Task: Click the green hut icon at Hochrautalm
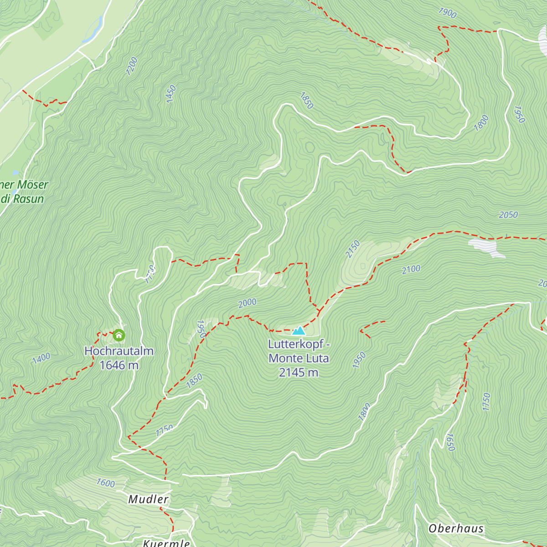[119, 335]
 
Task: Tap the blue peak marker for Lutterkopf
[299, 330]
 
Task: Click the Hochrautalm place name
[119, 351]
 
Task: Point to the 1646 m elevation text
[119, 365]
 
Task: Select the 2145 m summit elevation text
[299, 372]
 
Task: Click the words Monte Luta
[299, 358]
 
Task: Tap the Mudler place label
[149, 499]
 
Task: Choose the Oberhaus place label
[456, 528]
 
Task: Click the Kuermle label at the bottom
[166, 543]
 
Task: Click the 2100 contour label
[411, 269]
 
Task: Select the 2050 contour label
[508, 215]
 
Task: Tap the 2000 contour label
[247, 303]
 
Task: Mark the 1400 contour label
[41, 359]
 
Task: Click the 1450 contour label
[170, 94]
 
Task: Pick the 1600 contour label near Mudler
[105, 483]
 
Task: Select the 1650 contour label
[450, 442]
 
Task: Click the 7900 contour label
[447, 13]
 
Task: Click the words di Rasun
[23, 199]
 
